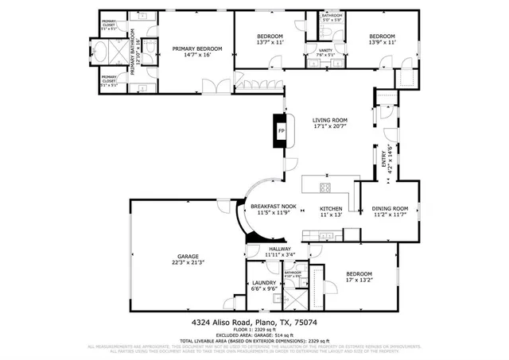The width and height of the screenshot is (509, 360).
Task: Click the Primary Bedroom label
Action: (x=197, y=49)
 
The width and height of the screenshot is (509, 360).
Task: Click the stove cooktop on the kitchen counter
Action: (x=325, y=188)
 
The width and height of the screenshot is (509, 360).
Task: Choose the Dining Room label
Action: (x=390, y=208)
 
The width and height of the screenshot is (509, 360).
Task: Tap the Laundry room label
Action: (x=263, y=282)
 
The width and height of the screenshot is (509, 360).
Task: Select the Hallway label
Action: (x=279, y=249)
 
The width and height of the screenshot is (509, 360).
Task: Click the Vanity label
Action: (x=325, y=50)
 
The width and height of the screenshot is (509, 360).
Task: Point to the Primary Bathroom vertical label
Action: (x=133, y=56)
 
